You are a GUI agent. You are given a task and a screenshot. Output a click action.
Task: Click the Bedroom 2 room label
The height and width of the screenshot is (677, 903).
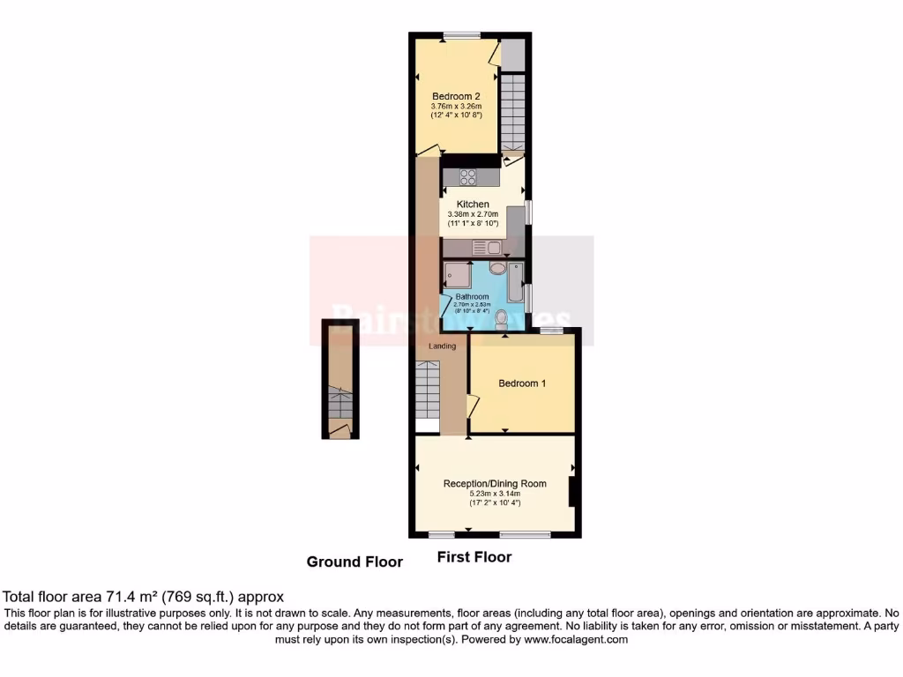(456, 96)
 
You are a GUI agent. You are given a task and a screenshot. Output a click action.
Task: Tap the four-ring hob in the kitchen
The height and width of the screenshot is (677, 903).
(467, 176)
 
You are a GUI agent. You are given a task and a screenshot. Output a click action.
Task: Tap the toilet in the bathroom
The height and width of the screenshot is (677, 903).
(502, 317)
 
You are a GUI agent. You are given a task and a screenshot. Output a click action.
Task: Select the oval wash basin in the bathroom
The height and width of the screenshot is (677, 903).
(496, 268)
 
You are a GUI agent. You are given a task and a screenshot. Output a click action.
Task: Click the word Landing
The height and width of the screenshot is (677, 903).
(442, 346)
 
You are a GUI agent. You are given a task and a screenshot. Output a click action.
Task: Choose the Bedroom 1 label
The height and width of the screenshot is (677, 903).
(522, 383)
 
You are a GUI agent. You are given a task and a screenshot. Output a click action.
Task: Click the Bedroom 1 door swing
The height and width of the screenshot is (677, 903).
(473, 406)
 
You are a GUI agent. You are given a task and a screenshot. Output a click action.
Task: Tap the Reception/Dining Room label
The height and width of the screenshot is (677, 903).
(494, 483)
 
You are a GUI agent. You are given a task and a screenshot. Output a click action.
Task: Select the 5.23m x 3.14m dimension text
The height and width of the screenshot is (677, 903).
(494, 494)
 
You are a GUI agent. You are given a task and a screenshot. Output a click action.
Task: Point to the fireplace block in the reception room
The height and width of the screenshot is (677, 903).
(572, 492)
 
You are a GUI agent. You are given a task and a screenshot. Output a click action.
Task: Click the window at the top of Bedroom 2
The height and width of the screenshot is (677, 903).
(461, 36)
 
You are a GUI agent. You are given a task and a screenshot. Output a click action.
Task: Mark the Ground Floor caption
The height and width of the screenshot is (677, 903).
(354, 562)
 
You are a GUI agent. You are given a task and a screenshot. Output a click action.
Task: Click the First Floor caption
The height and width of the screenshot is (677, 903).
(474, 557)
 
